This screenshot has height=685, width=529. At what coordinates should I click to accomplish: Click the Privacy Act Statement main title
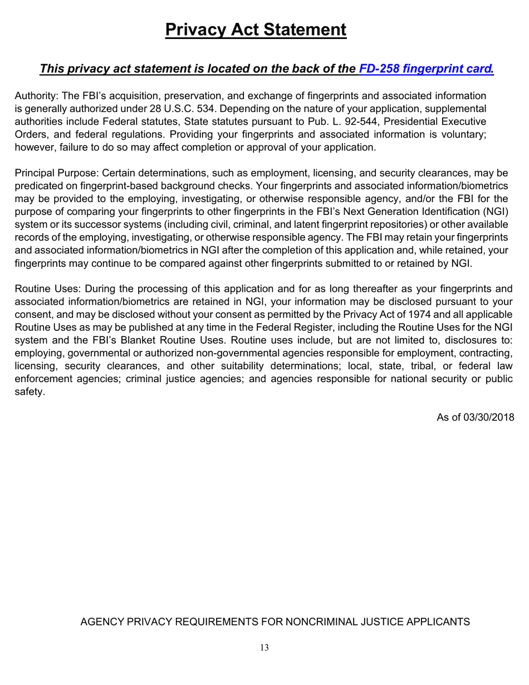click(x=256, y=30)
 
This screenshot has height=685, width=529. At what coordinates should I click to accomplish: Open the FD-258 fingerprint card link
click(x=426, y=69)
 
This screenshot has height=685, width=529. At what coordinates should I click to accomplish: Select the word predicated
click(x=37, y=186)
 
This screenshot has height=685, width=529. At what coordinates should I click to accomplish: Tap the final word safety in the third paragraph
click(x=28, y=392)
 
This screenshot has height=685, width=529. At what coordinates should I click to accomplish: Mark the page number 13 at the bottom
click(x=264, y=648)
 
